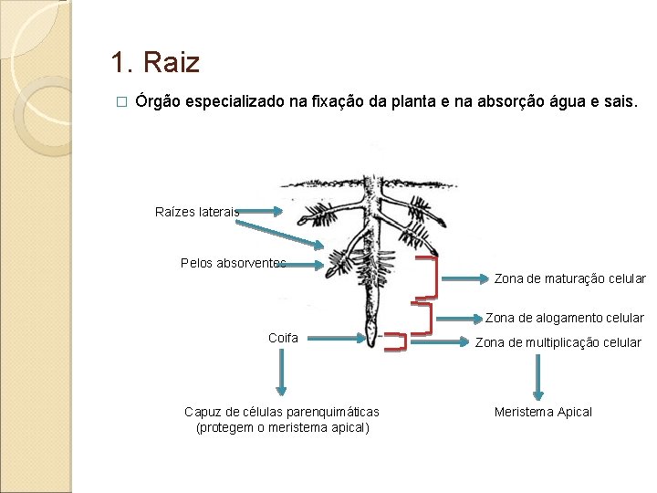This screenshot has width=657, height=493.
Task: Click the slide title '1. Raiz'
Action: [154, 63]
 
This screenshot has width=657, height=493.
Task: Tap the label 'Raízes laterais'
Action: [197, 212]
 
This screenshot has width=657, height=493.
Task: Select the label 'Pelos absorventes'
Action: [233, 263]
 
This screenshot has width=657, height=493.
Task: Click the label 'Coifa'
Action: [283, 338]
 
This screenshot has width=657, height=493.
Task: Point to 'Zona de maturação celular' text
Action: [569, 278]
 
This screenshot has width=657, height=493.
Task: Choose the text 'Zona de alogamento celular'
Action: [564, 318]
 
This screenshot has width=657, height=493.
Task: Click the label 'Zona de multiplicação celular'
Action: [558, 342]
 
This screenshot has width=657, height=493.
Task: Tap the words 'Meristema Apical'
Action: [543, 412]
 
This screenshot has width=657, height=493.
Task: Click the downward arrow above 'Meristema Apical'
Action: [537, 373]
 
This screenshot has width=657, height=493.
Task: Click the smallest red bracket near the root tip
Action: [395, 341]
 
